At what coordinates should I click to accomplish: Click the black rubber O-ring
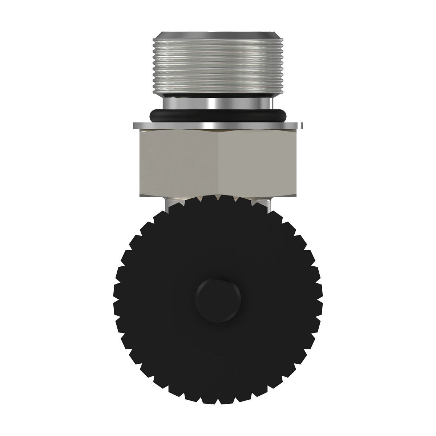click(x=218, y=117)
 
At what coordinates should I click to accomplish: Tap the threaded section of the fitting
click(x=218, y=65)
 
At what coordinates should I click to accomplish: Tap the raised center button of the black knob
click(x=218, y=295)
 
